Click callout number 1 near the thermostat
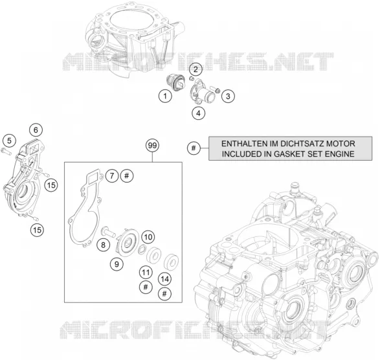click(x=165, y=96)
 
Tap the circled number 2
click(x=196, y=69)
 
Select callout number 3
click(x=228, y=96)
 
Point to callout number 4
click(x=199, y=113)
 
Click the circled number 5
click(x=9, y=141)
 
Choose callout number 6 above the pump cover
click(x=36, y=130)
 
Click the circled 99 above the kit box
click(x=152, y=146)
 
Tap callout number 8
click(x=103, y=245)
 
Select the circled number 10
click(x=148, y=237)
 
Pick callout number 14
click(x=165, y=279)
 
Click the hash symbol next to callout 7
click(x=127, y=175)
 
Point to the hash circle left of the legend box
click(x=194, y=148)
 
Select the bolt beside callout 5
click(x=6, y=152)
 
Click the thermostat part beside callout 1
click(x=175, y=83)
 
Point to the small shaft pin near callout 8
click(x=108, y=231)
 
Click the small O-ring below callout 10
click(x=142, y=249)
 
